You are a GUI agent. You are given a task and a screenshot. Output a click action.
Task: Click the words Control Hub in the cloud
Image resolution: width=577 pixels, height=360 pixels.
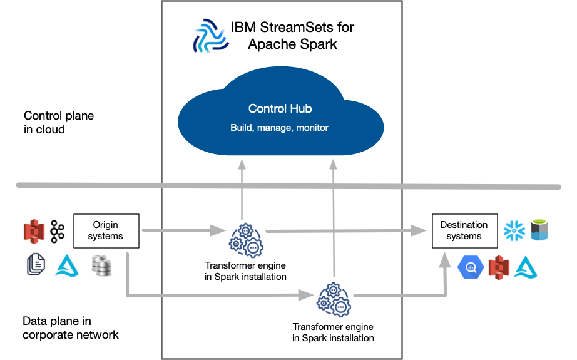(x=280, y=108)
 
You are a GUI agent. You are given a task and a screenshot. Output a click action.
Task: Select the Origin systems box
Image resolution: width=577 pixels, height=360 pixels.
(x=106, y=230)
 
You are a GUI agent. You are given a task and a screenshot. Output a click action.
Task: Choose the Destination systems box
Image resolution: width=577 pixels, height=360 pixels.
(x=464, y=230)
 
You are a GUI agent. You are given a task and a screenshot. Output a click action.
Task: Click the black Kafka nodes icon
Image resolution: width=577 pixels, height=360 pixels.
(x=58, y=231)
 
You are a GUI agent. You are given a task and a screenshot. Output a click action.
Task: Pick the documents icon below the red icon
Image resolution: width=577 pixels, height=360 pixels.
(x=36, y=265)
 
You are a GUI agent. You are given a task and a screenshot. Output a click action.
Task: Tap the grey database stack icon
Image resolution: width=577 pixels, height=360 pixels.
(x=101, y=265)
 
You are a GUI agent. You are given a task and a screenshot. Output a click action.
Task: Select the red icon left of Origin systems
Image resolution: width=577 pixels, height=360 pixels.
(x=34, y=231)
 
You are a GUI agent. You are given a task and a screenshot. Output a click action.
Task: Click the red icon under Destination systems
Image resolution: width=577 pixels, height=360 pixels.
(x=499, y=267)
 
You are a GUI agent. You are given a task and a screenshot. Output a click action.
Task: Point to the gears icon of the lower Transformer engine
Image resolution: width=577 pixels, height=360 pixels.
(x=334, y=300)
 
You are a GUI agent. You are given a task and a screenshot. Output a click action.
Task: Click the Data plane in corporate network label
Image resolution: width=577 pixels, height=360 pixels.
(x=70, y=328)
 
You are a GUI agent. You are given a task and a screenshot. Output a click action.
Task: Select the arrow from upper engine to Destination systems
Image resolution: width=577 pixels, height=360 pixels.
(x=344, y=231)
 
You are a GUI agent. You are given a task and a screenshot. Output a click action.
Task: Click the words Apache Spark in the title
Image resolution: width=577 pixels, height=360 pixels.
(x=292, y=44)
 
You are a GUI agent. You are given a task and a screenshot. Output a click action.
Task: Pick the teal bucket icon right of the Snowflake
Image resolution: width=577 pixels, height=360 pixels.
(x=539, y=230)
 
